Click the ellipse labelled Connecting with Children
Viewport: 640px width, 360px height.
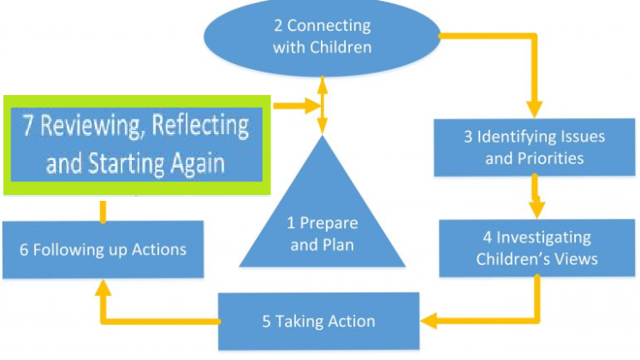click(322, 37)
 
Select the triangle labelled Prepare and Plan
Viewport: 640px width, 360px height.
click(323, 222)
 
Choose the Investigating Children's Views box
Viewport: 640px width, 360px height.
click(537, 248)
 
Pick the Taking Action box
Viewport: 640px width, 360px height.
click(318, 322)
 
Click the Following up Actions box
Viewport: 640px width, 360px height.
click(103, 250)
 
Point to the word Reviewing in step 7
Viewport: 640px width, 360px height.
click(84, 127)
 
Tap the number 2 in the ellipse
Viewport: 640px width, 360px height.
click(276, 26)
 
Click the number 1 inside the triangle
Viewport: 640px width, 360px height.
click(291, 224)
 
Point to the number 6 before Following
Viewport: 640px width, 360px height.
click(24, 250)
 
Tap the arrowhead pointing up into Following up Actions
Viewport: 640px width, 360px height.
click(103, 288)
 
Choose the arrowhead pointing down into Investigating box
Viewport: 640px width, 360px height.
click(537, 210)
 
